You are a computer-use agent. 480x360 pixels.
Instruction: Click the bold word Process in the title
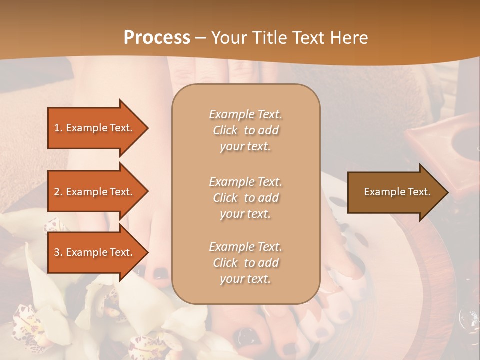coord(157,37)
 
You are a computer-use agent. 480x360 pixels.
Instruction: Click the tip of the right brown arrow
coord(447,192)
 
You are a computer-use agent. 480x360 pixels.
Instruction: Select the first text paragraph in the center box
coord(245,130)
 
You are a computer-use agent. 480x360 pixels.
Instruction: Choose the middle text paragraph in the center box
coord(245,198)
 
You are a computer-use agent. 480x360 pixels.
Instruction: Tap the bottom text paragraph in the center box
coord(245,263)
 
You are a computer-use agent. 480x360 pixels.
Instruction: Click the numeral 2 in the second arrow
coord(57,192)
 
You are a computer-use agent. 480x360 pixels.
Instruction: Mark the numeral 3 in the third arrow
coord(57,252)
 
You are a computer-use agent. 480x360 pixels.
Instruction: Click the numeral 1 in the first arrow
coord(56,128)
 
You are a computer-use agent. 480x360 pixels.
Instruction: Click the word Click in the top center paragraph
coord(225,130)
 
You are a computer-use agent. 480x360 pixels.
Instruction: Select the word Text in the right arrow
coord(419,192)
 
